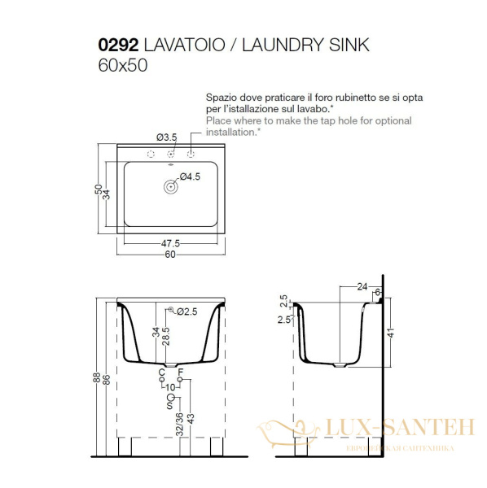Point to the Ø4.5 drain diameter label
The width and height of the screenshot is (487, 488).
(x=190, y=176)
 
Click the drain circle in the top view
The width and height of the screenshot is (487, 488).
(x=171, y=186)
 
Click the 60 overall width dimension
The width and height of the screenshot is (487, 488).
(x=170, y=255)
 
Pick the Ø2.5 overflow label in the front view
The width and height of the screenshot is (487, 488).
(x=189, y=311)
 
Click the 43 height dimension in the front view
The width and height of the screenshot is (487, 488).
(x=190, y=418)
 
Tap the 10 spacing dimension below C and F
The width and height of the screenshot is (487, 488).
(x=170, y=388)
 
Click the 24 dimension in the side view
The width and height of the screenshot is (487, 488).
(x=362, y=286)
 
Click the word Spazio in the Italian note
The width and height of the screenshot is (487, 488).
(x=222, y=95)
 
